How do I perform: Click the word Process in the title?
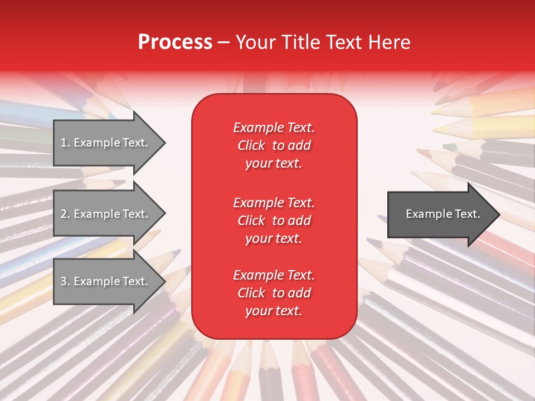[x=175, y=42]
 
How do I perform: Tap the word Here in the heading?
[x=390, y=42]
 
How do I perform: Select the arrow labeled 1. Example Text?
[x=106, y=143]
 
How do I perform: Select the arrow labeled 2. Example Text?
[x=106, y=214]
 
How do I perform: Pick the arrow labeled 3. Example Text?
[x=106, y=281]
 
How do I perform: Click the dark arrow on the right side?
[x=440, y=214]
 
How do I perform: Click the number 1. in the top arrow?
[x=65, y=143]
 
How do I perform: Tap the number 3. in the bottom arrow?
[x=65, y=282]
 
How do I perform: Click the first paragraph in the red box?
[x=274, y=145]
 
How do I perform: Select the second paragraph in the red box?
[x=274, y=221]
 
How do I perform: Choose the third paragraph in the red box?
[x=274, y=293]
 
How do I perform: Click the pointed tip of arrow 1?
[x=163, y=143]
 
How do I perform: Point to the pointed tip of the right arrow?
[x=498, y=214]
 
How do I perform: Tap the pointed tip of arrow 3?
[x=163, y=282]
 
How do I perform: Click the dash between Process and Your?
[x=224, y=43]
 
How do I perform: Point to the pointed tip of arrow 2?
[x=163, y=214]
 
